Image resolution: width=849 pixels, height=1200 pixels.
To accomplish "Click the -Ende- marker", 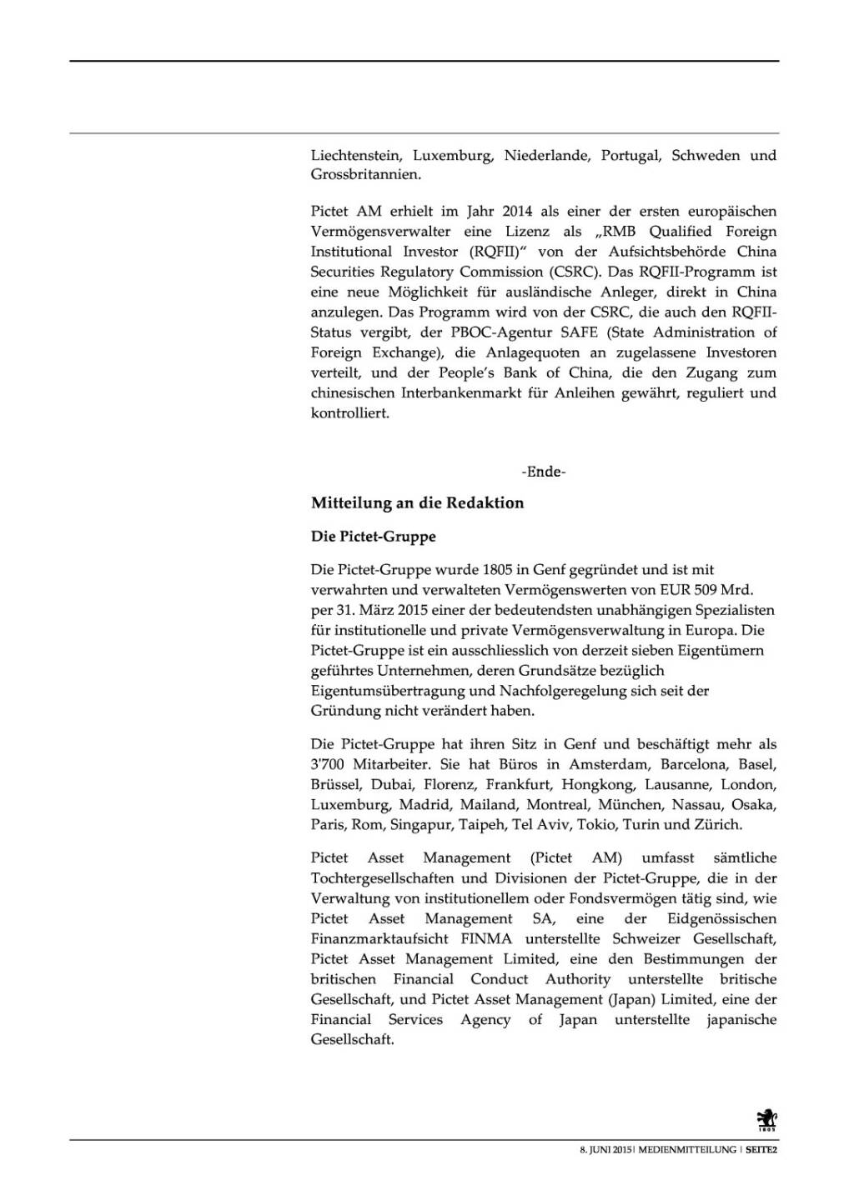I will pos(544,472).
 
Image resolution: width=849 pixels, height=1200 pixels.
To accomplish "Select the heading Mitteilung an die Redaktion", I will pos(417,503).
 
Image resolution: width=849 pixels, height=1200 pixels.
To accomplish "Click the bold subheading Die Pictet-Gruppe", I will pos(373,537).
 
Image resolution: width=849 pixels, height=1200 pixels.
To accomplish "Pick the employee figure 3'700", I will pos(330,764).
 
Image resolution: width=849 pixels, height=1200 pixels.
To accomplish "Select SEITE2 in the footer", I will pos(761,1150).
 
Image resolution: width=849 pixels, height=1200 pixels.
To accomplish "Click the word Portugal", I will pos(630,155).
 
